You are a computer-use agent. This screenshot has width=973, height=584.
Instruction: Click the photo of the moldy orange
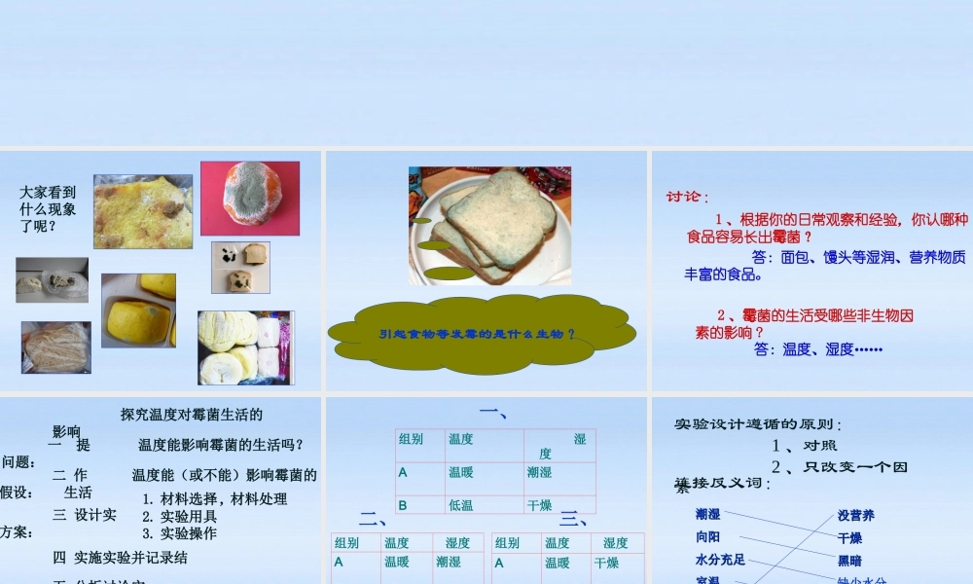(x=250, y=199)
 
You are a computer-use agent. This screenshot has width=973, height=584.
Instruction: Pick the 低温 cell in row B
(x=462, y=505)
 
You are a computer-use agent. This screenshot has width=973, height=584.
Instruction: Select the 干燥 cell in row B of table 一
(x=540, y=505)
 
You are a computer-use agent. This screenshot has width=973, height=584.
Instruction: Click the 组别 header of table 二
(x=347, y=543)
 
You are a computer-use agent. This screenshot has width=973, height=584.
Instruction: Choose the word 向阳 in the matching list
(x=708, y=536)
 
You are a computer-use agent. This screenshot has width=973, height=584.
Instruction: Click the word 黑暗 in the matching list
(x=849, y=561)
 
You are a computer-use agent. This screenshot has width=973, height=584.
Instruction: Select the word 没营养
(x=856, y=515)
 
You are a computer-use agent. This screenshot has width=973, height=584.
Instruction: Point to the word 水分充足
(x=720, y=560)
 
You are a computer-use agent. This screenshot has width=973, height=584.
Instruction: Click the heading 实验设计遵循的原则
(x=758, y=424)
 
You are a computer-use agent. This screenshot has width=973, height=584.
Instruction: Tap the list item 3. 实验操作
(x=180, y=533)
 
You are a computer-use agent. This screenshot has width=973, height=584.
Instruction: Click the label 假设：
(x=18, y=493)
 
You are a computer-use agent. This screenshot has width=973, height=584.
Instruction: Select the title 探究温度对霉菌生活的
(x=192, y=415)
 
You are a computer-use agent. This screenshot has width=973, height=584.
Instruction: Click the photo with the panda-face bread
(x=240, y=267)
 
